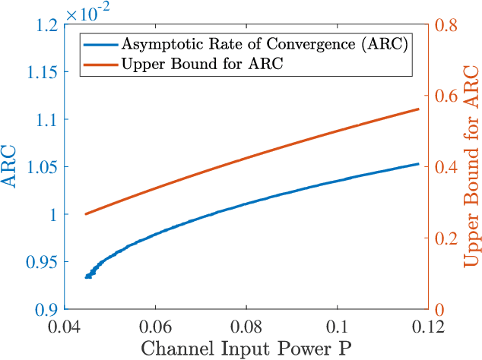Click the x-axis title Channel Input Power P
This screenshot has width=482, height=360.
(x=246, y=349)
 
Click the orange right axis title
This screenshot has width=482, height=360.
(x=470, y=168)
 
